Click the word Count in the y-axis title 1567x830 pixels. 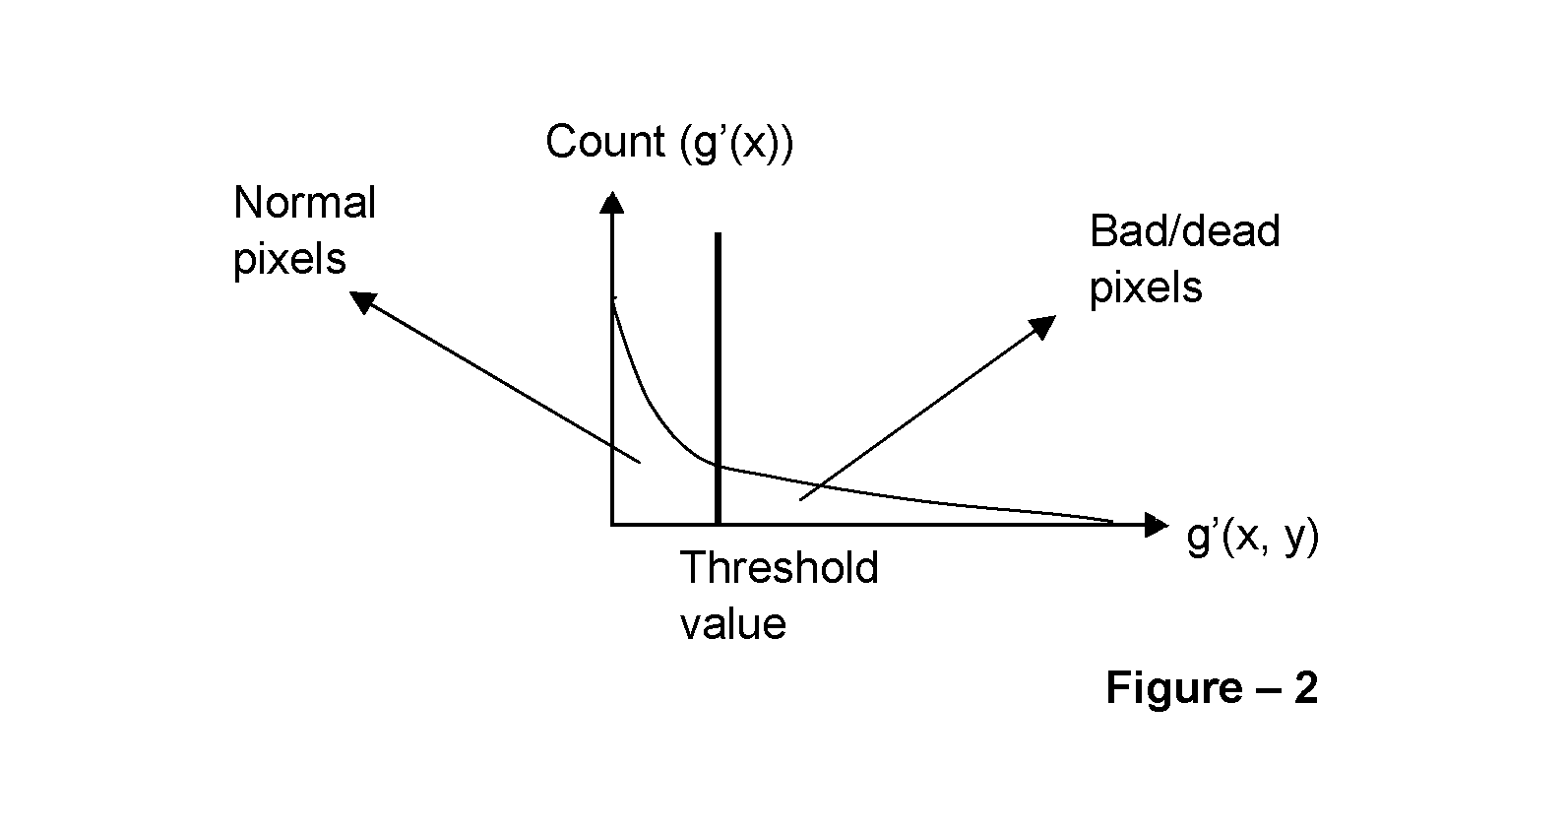coord(604,142)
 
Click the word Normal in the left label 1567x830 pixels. coord(304,203)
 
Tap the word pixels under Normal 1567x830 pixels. coord(289,261)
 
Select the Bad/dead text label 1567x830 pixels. coord(1184,231)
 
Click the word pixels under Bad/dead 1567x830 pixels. coord(1146,289)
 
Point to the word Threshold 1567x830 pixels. coord(779,567)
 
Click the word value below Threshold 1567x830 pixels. coord(732,624)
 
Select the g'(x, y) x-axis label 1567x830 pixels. coord(1252,538)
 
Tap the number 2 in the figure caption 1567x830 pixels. coord(1305,687)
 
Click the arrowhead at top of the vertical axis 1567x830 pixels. coord(612,202)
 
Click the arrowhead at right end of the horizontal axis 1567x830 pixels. coord(1156,524)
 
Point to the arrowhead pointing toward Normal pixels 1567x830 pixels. coord(362,301)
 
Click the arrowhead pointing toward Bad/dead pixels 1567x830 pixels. coord(1042,326)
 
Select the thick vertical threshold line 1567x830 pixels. coord(718,378)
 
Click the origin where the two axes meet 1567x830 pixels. coord(612,524)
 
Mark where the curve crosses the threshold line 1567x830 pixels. coord(718,465)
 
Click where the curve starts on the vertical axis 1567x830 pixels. coord(613,299)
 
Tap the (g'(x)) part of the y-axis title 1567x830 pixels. coord(736,143)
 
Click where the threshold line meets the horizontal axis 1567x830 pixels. coord(718,524)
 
